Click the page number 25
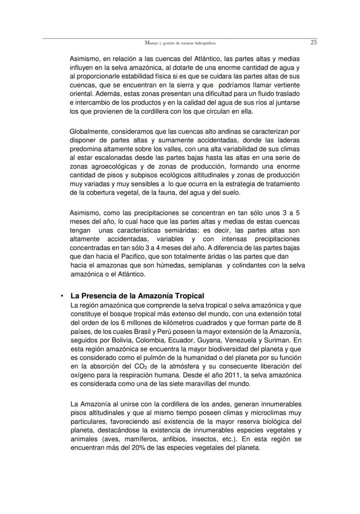tap(313, 43)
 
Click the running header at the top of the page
tap(180, 43)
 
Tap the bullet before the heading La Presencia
tap(62, 296)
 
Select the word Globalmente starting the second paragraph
tap(89, 131)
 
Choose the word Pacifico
tap(122, 256)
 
